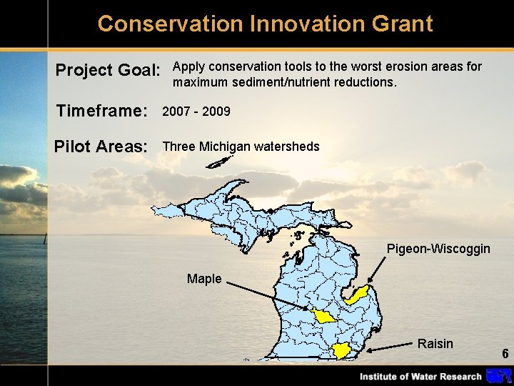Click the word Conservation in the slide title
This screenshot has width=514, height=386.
click(170, 24)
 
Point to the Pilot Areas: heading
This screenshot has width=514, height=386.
click(101, 147)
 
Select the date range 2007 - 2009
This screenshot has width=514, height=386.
click(196, 112)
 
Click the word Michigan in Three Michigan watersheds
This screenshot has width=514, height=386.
click(225, 147)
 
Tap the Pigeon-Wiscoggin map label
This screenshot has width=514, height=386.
click(438, 249)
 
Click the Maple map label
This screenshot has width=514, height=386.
click(204, 279)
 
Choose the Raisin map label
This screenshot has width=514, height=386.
click(435, 344)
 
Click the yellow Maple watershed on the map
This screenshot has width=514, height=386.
click(323, 316)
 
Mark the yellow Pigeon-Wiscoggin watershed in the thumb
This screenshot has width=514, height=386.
click(357, 295)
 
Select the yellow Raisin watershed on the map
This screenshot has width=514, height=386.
click(342, 350)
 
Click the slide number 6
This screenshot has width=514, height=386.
click(505, 354)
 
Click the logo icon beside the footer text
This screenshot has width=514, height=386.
click(498, 376)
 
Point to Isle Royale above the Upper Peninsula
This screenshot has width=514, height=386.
click(216, 163)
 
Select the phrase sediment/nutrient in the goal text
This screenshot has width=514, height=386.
click(281, 82)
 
